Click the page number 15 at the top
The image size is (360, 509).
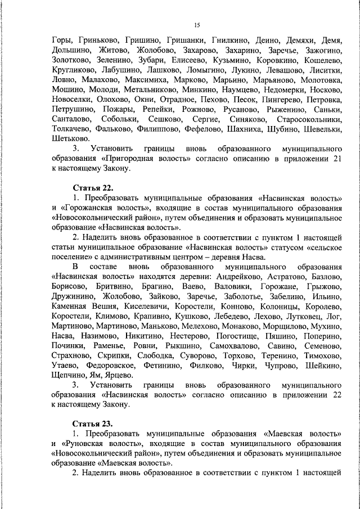point(197,25)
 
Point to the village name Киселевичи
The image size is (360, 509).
point(145,306)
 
